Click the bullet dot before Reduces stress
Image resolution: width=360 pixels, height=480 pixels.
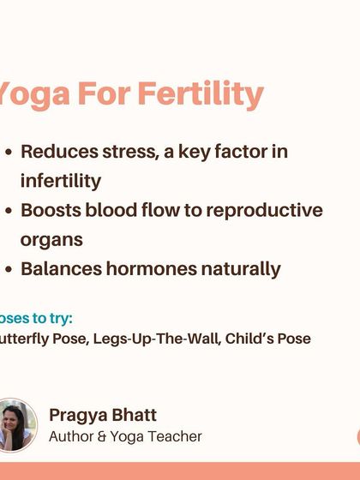(x=9, y=153)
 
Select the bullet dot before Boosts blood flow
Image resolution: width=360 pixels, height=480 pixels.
(x=9, y=211)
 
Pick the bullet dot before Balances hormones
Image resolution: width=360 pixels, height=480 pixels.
(x=9, y=269)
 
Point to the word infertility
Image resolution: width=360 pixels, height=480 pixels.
(x=60, y=181)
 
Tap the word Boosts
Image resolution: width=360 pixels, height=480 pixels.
(x=52, y=210)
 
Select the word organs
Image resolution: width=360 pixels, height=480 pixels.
(x=51, y=240)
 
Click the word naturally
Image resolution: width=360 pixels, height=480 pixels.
(x=241, y=268)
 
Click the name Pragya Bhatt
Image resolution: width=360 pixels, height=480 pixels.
(x=103, y=415)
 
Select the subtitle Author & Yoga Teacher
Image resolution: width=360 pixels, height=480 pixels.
(x=125, y=436)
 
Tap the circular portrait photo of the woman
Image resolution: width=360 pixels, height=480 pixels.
(x=15, y=425)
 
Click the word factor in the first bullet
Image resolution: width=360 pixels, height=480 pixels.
(x=233, y=152)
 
